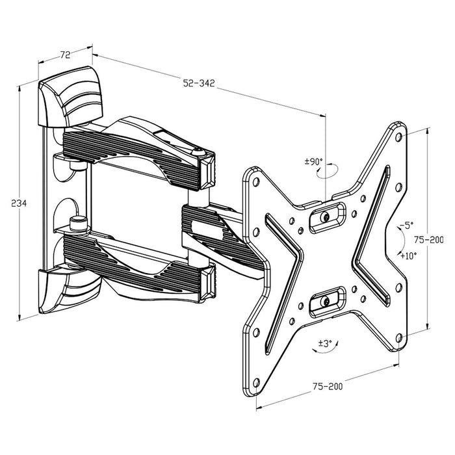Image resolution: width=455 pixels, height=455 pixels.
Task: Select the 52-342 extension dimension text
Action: [x=198, y=83]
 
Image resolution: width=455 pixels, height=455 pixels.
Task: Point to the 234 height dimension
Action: [x=19, y=203]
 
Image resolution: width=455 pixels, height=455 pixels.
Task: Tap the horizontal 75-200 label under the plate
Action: [x=328, y=385]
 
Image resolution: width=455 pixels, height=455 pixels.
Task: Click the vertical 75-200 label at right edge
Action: [x=432, y=239]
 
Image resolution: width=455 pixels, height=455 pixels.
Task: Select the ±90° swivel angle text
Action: [x=314, y=161]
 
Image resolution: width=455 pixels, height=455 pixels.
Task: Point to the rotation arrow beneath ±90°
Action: [x=326, y=172]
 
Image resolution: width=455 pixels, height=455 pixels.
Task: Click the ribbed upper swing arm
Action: [x=136, y=146]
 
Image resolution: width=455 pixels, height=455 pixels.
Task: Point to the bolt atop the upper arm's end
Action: [x=199, y=152]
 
